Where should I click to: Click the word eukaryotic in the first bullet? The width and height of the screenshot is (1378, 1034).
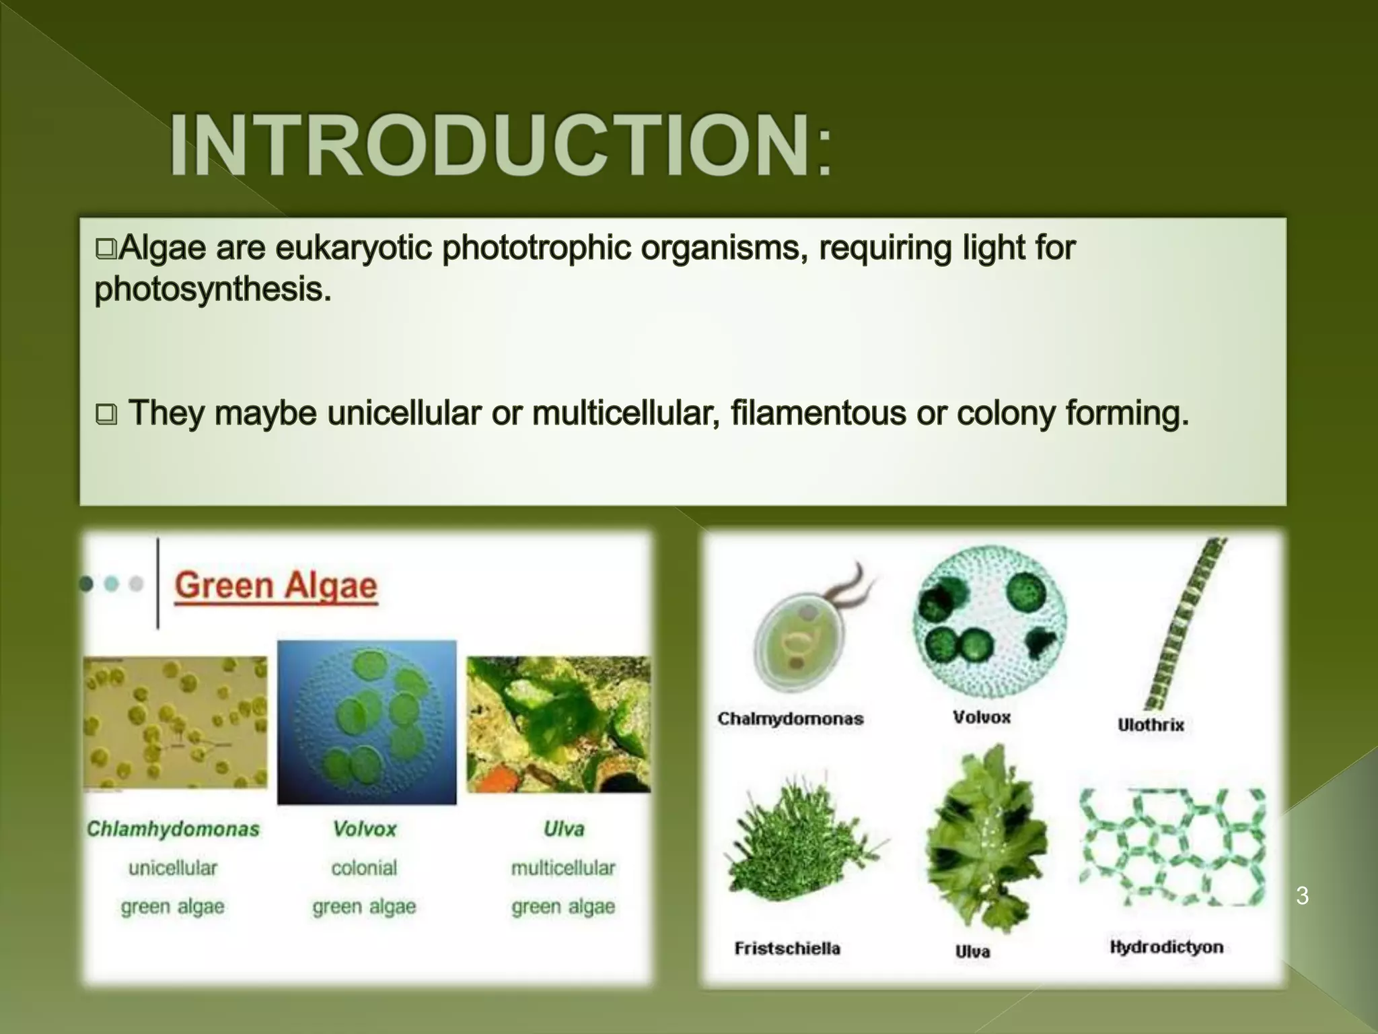(x=355, y=248)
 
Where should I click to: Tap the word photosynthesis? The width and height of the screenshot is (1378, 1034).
(x=213, y=290)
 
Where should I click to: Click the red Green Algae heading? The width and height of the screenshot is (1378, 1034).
(x=276, y=586)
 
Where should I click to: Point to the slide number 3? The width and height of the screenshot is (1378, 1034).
(x=1302, y=896)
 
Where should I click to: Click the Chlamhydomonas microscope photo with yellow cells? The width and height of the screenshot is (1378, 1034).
(x=175, y=722)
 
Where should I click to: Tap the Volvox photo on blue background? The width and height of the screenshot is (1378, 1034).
(x=367, y=722)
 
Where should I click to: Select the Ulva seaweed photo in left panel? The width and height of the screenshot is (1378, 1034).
(x=558, y=724)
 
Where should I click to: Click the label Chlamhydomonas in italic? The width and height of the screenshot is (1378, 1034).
(x=173, y=829)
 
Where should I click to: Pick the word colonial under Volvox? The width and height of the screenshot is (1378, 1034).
(x=364, y=868)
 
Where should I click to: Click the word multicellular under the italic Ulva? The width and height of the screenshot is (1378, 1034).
(x=563, y=868)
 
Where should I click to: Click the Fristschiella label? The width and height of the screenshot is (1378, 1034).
(x=787, y=949)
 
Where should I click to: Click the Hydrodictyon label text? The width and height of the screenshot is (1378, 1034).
(x=1166, y=947)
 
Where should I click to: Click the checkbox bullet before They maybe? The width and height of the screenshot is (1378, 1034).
(x=106, y=414)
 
